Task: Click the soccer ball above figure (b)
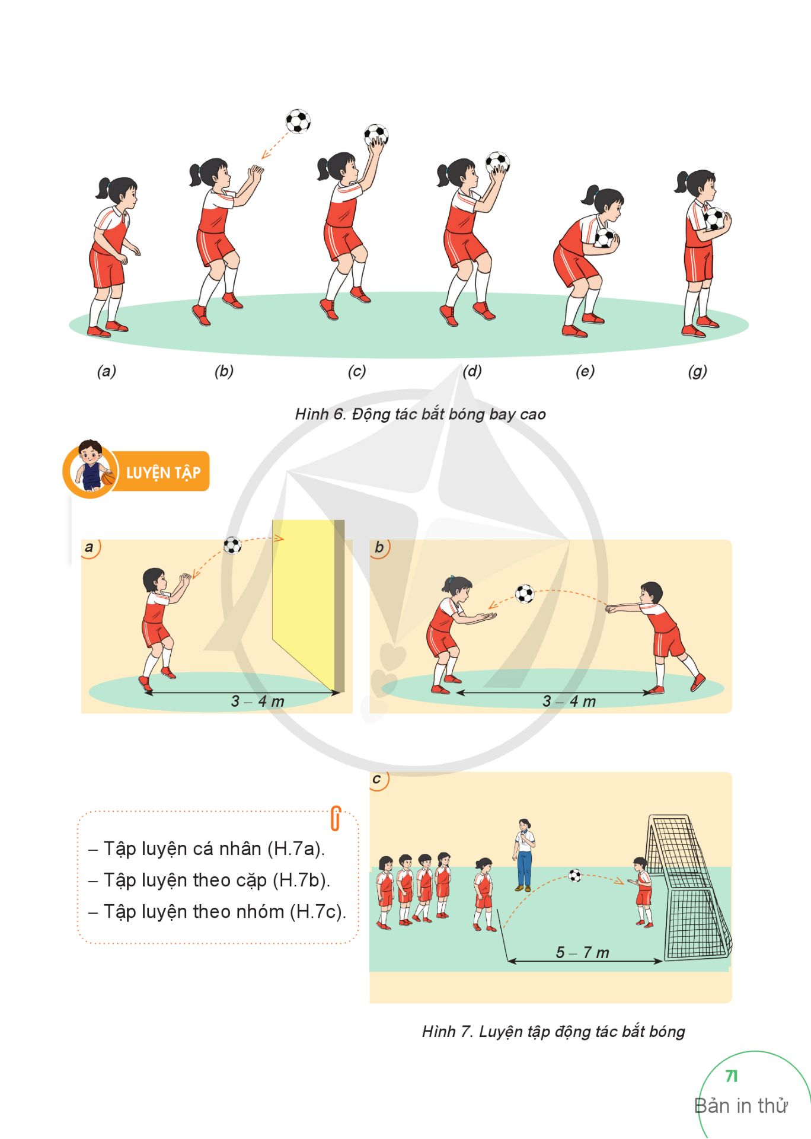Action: (x=298, y=121)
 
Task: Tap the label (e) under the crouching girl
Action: (x=585, y=371)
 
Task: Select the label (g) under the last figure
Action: (x=697, y=371)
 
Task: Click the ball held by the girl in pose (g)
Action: (x=714, y=219)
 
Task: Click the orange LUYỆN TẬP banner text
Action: (x=164, y=473)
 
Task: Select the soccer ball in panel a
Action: (x=232, y=545)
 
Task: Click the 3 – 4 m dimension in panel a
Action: (x=257, y=701)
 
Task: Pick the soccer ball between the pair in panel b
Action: (x=525, y=594)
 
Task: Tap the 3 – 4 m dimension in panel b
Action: (x=569, y=701)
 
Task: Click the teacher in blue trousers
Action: (x=523, y=855)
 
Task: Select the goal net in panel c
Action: (x=688, y=887)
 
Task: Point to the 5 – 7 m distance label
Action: (x=582, y=952)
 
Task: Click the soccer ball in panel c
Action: (x=574, y=875)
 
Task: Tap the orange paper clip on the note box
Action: (x=336, y=818)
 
